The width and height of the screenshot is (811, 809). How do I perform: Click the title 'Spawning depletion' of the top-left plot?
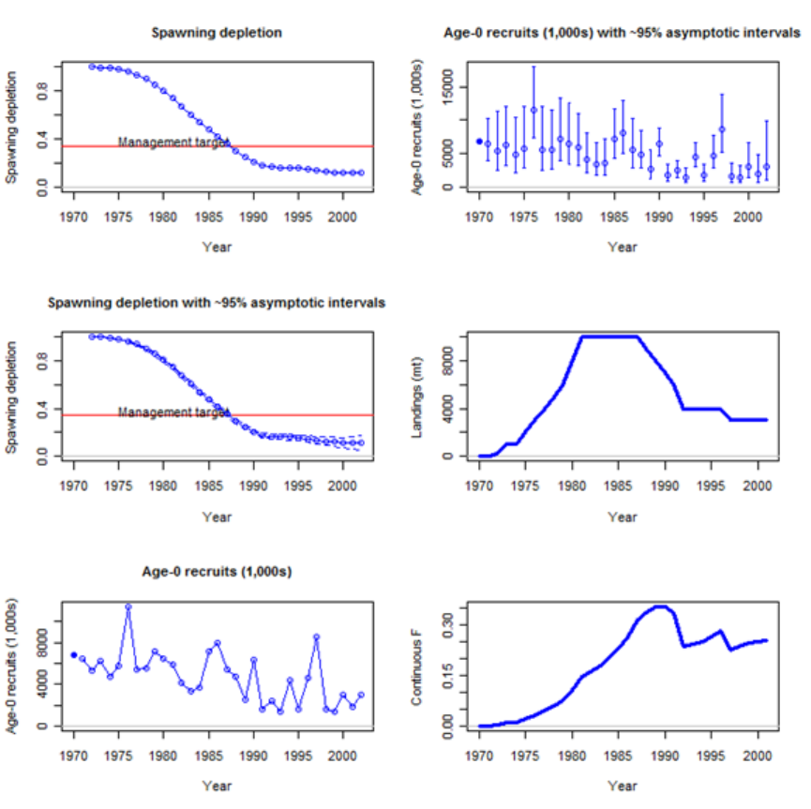point(217,33)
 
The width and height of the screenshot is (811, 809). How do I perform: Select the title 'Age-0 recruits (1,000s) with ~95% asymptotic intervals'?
point(622,33)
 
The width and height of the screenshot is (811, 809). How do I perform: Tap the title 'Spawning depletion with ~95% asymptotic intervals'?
point(217,303)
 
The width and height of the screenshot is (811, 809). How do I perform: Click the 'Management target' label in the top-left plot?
point(173,142)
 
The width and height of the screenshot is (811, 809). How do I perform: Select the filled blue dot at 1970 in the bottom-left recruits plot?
point(74,654)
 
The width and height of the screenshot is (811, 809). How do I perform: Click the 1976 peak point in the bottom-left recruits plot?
point(128,607)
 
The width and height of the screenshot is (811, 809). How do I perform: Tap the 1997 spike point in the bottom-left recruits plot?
point(316,637)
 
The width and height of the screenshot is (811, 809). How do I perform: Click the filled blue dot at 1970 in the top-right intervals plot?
point(479,142)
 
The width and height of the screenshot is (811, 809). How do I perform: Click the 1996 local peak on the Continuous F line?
point(720,631)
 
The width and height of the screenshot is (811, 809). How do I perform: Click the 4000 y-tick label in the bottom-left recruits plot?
point(43,683)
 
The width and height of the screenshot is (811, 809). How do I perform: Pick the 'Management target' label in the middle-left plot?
point(173,412)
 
